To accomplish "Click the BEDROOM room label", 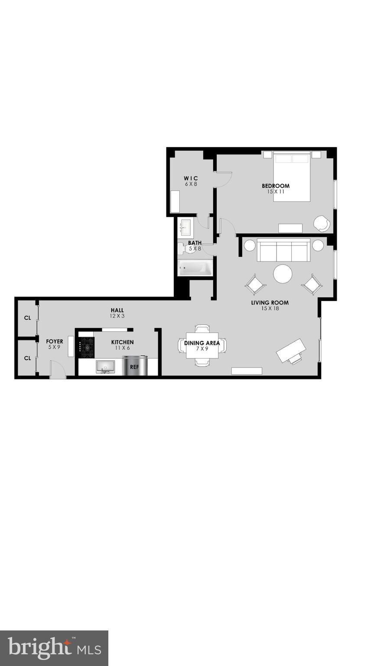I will [275, 186].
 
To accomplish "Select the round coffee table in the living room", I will [283, 274].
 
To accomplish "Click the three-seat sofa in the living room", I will [283, 251].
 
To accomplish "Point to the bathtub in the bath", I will [195, 268].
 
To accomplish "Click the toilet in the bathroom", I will [183, 249].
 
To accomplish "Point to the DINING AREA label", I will [202, 343].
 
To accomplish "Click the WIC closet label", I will [191, 178].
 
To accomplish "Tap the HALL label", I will [117, 310].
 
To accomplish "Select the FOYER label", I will [55, 342].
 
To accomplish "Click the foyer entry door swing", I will [57, 371].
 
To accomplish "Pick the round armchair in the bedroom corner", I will [322, 224].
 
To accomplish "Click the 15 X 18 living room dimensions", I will [270, 309].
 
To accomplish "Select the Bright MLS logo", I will [54, 648].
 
